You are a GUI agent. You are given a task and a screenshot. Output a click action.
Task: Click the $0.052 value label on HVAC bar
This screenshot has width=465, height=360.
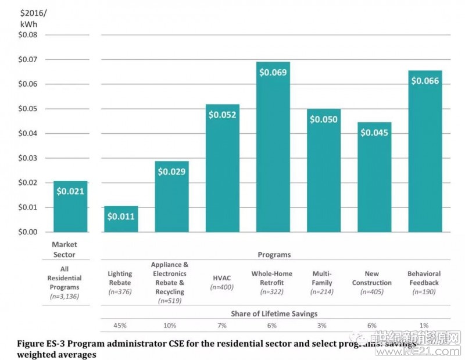[x=223, y=115]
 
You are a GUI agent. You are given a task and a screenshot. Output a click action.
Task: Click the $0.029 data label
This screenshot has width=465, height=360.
[x=172, y=172]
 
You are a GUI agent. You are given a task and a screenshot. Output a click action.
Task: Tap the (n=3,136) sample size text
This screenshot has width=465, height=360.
[x=65, y=297]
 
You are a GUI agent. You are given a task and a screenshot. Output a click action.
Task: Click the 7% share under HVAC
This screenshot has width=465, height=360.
[x=221, y=325]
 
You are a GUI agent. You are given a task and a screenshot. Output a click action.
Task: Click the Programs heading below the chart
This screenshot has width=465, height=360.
[x=274, y=254]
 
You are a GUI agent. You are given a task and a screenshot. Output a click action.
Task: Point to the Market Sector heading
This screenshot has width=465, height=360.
[x=65, y=249]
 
